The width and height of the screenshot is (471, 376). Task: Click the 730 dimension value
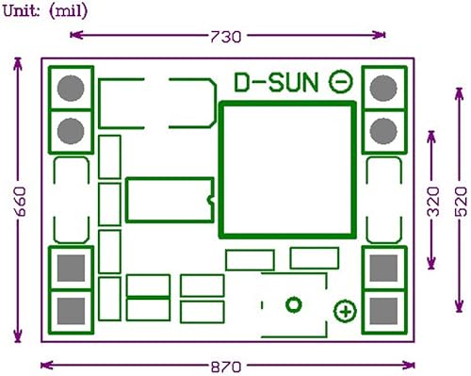click(x=225, y=37)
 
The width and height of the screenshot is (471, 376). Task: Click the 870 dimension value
click(x=226, y=367)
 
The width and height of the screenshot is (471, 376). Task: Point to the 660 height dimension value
click(x=21, y=202)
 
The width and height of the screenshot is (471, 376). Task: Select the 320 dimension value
click(x=433, y=202)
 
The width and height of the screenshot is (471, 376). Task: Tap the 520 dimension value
click(x=461, y=202)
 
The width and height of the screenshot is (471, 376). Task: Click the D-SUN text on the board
click(x=276, y=82)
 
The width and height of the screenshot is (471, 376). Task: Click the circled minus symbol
click(x=341, y=82)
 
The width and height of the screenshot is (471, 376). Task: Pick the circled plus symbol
click(x=345, y=312)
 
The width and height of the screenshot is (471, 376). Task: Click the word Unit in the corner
click(x=21, y=11)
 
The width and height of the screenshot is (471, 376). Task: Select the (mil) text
click(x=68, y=11)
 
